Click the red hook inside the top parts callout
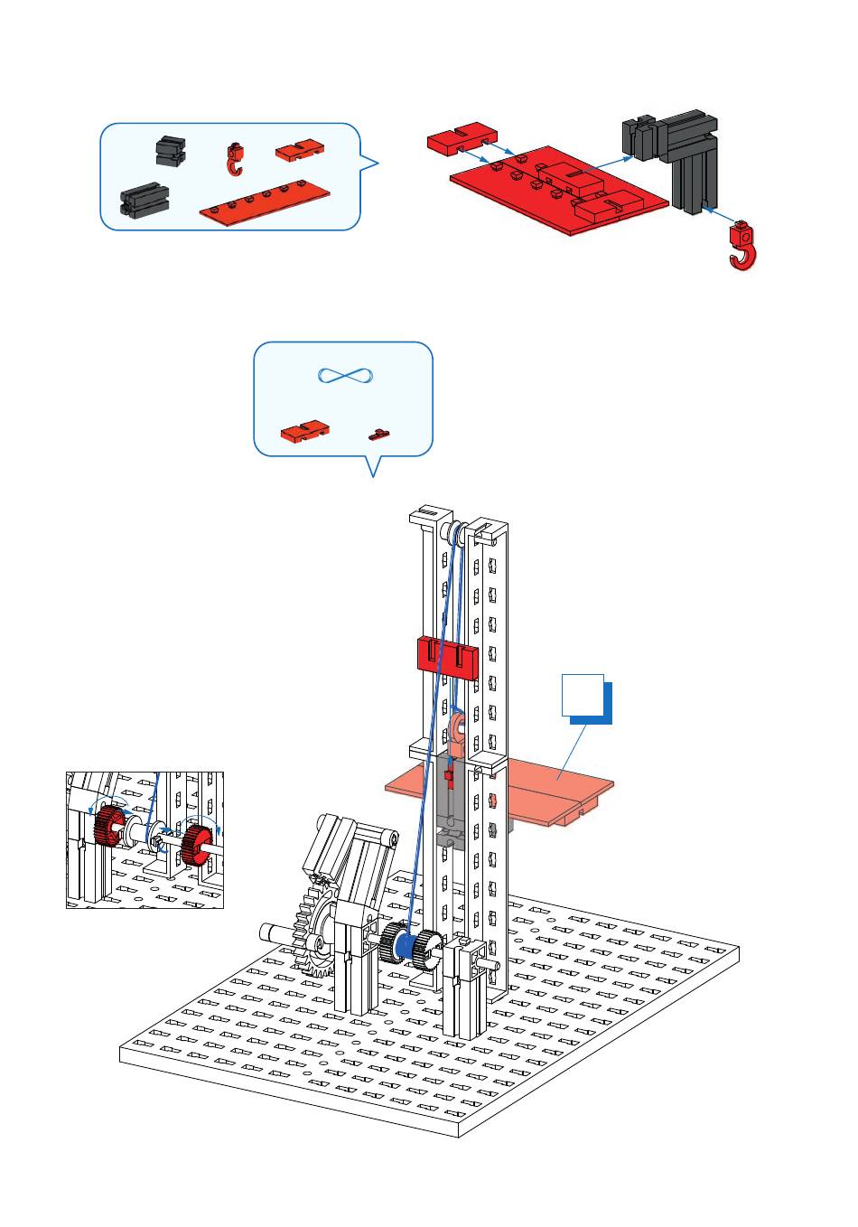(x=235, y=160)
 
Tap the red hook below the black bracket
(x=742, y=247)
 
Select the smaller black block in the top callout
(x=170, y=151)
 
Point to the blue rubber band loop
(x=344, y=376)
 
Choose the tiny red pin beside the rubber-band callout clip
(x=379, y=435)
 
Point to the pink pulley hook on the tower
(x=459, y=732)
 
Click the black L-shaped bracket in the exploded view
(x=672, y=154)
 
